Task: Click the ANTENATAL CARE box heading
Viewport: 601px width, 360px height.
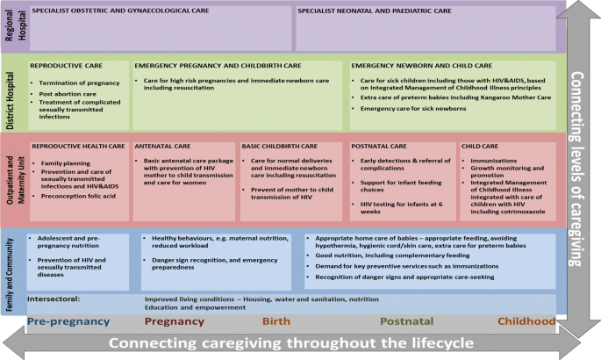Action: click(164, 145)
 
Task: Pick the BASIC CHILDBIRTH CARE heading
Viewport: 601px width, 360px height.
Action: click(280, 145)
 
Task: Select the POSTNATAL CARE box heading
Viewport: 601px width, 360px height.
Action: click(379, 145)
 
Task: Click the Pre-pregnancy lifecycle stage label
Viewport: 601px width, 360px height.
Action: click(68, 321)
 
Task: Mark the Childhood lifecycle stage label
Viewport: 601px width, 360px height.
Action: click(526, 321)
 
